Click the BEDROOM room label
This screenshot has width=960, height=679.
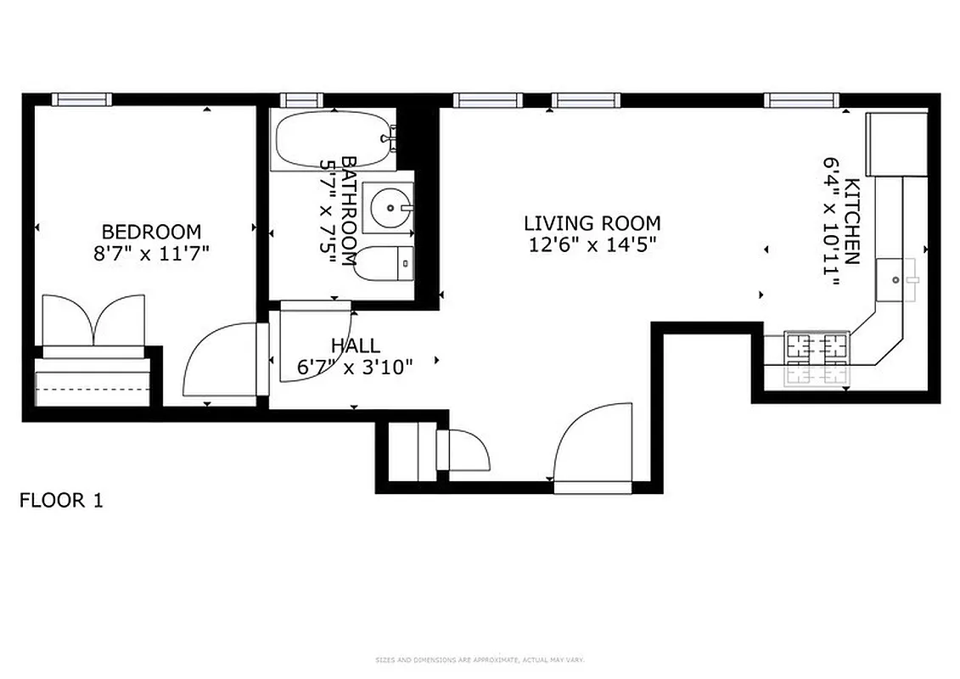pos(151,232)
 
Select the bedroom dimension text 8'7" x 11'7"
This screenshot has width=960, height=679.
pos(151,253)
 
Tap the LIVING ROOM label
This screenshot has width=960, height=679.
pos(592,224)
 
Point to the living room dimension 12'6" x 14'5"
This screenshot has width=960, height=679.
pos(592,245)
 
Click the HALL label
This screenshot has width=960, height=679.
pos(355,346)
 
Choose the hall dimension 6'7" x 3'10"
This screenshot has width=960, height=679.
pos(355,367)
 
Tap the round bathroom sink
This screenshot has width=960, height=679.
pos(390,206)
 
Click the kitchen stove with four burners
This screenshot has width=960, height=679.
pos(816,357)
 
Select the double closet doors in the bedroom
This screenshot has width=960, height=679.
pos(93,321)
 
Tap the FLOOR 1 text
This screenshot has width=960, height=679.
pos(61,501)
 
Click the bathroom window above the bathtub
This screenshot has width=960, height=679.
pos(300,99)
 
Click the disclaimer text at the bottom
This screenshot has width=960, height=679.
pos(480,659)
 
